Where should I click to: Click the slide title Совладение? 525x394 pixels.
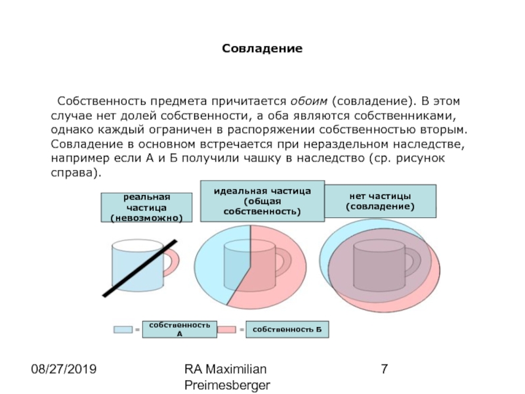(262, 49)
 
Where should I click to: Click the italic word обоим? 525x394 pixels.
(307, 102)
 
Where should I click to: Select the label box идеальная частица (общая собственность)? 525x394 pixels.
(262, 201)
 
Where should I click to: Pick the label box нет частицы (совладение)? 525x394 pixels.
(381, 201)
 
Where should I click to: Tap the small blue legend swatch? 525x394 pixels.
(123, 329)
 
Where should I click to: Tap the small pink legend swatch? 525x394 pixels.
(226, 329)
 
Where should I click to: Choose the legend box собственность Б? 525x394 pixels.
(287, 328)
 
